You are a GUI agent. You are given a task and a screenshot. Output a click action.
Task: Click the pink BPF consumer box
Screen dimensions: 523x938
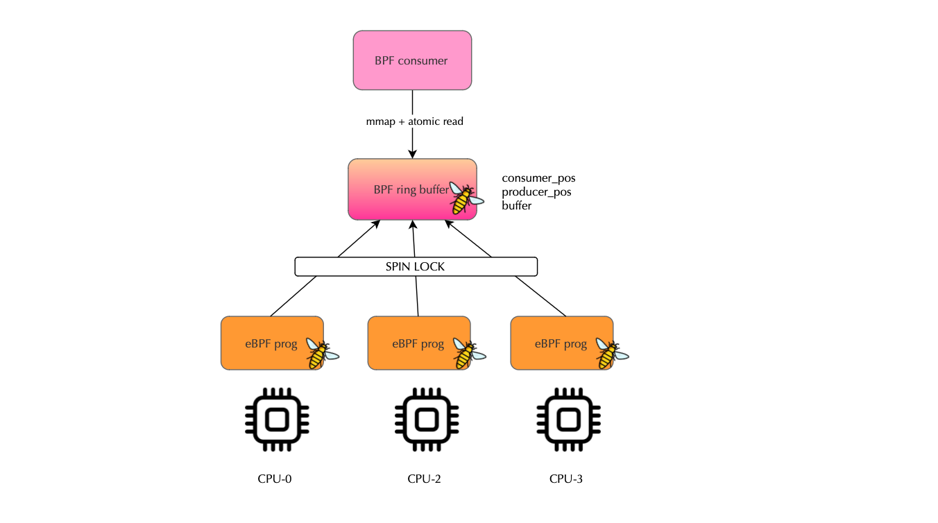point(412,60)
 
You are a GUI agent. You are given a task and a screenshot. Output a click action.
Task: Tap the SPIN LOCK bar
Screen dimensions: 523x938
point(416,266)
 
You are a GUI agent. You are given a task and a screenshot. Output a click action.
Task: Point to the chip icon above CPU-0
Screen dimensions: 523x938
point(277,420)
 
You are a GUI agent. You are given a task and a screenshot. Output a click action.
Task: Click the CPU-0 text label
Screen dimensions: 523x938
point(274,479)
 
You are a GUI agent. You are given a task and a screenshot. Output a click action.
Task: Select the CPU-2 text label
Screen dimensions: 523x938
point(424,479)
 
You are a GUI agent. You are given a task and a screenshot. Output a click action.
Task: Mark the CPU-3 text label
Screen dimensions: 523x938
point(566,479)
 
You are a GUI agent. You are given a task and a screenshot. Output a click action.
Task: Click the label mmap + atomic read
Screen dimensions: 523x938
point(414,121)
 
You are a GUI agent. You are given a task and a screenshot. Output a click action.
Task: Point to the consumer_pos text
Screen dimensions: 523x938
point(538,178)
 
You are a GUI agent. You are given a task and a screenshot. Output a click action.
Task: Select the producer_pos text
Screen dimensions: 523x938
point(536,192)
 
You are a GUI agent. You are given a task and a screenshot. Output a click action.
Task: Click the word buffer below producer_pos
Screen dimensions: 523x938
point(517,205)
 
